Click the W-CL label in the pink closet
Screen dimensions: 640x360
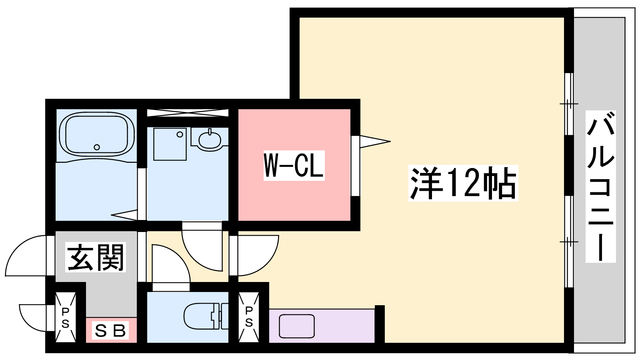point(294,166)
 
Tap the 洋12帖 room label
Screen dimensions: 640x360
point(463,183)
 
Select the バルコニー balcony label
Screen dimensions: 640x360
point(600,186)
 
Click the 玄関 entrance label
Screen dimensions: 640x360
point(96,257)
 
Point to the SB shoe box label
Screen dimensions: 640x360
point(110,331)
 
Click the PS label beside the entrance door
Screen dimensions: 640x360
point(66,318)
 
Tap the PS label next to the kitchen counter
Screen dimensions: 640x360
point(249,316)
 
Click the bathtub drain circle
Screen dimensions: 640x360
point(97,147)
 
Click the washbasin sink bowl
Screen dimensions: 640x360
point(210,140)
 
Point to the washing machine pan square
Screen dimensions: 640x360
point(170,144)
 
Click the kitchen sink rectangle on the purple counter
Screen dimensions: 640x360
point(297,326)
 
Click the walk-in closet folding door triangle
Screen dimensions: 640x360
point(375,142)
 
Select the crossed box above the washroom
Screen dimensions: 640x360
point(188,112)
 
